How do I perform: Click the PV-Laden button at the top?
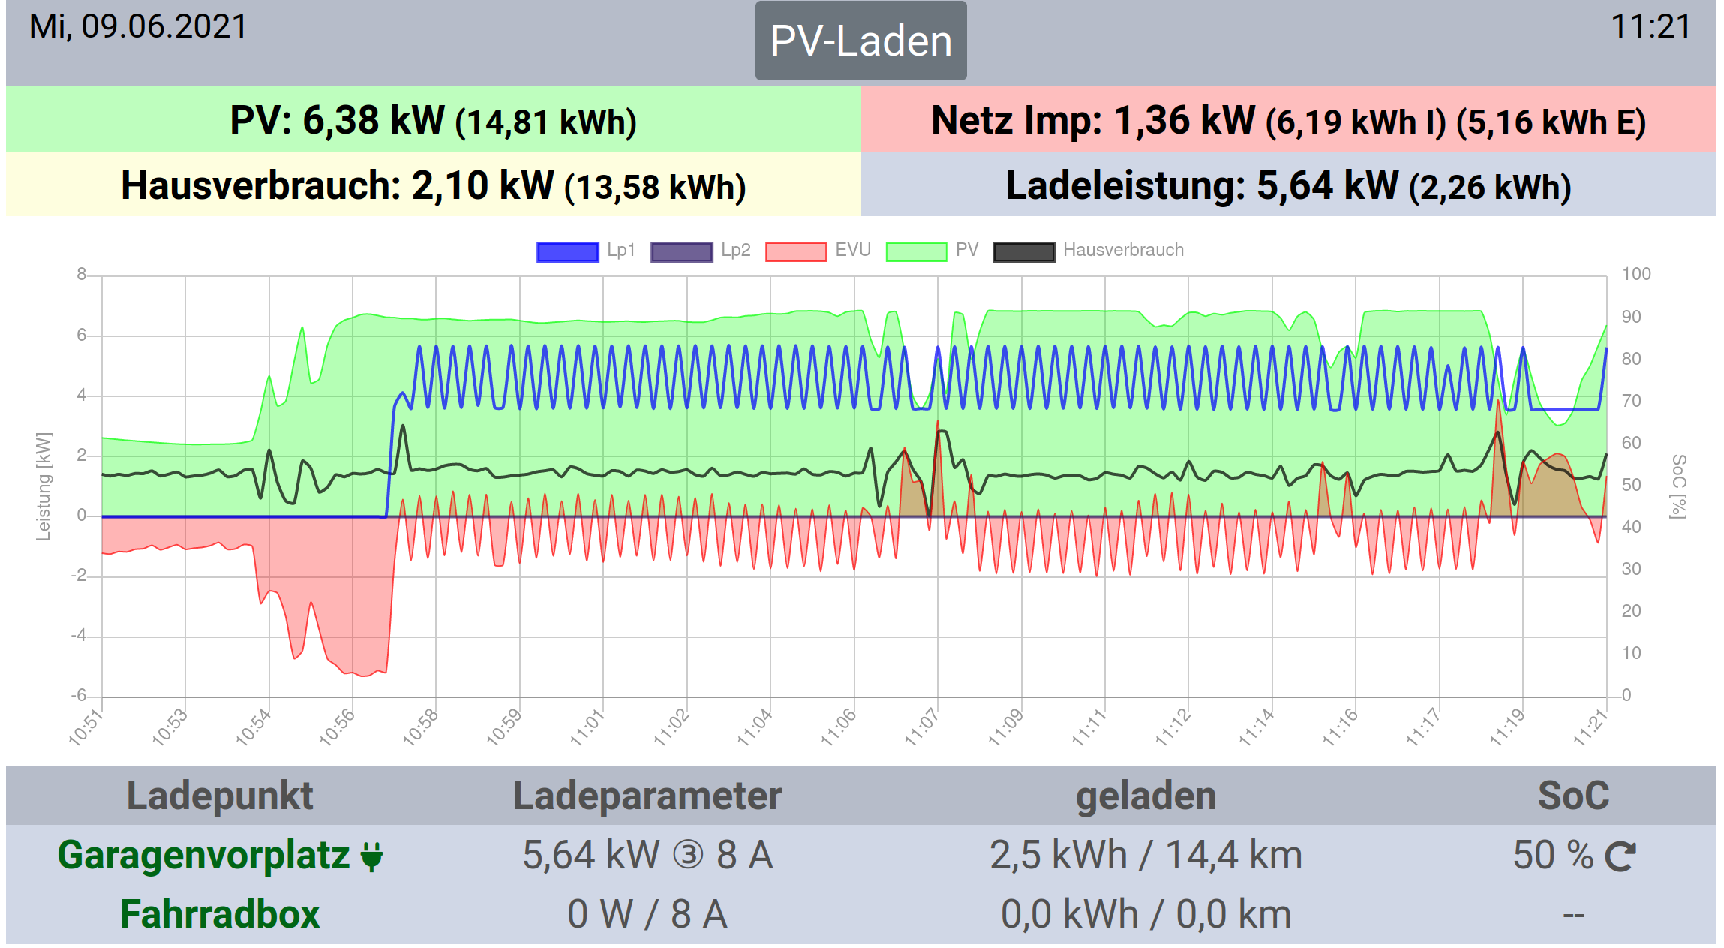pos(860,41)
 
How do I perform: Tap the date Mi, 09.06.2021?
pos(138,27)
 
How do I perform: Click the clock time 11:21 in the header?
pos(1650,27)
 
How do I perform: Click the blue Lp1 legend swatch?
pos(567,251)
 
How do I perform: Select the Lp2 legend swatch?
pos(681,251)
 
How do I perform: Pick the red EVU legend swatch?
pos(795,251)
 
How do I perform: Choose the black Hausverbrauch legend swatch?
pos(1023,251)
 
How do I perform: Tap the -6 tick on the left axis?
pos(79,696)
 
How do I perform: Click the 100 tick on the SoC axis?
pos(1635,274)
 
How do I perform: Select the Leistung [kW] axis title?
pos(44,486)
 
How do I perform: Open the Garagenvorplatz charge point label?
pos(204,855)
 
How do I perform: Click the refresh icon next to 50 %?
pos(1620,856)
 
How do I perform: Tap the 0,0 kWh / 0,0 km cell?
pos(1146,914)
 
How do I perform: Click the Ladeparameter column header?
pos(647,796)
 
